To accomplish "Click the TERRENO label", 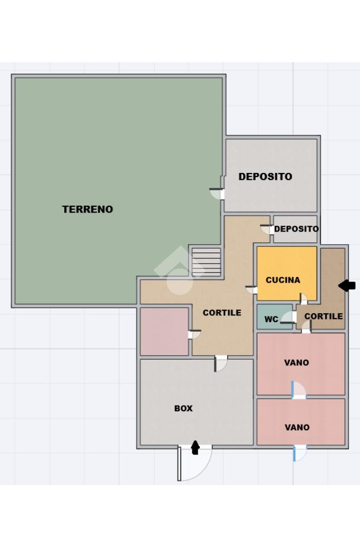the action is tap(87, 209).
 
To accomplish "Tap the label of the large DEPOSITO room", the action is tap(265, 177).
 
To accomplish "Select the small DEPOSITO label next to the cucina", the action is tap(296, 229).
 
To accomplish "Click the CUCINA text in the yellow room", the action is tap(283, 280).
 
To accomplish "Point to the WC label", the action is tap(271, 319).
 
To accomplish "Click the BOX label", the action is tap(183, 409).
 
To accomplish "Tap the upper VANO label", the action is tap(297, 362).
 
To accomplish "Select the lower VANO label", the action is tap(297, 427).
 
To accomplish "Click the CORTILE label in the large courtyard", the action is tap(222, 313).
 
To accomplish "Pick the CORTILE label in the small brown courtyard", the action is tap(324, 316).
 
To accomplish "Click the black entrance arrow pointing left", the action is tap(347, 285).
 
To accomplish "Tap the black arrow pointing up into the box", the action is tap(196, 447).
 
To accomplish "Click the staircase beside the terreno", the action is tap(206, 262).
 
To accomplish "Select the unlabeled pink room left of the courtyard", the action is tap(164, 331).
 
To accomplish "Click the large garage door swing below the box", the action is tap(195, 463).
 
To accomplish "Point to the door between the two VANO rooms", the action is tap(298, 390).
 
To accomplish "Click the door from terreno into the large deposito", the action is tap(217, 194).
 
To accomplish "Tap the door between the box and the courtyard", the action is tap(221, 364).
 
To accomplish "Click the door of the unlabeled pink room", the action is tap(194, 334).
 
